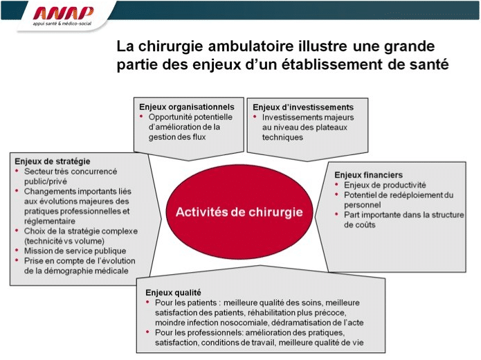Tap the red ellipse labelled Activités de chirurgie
(x=239, y=212)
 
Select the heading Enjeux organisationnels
(x=186, y=107)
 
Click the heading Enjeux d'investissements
(x=303, y=107)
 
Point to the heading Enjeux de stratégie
(x=53, y=161)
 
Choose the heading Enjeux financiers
(x=368, y=175)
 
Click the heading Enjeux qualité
(x=173, y=292)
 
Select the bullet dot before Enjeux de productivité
(x=336, y=184)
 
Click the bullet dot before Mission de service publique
(x=17, y=251)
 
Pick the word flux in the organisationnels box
(x=199, y=137)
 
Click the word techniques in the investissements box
(x=282, y=137)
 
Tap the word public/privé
(x=46, y=181)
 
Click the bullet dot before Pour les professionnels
(x=148, y=332)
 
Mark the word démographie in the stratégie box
(x=71, y=271)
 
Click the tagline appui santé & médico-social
(x=62, y=24)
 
